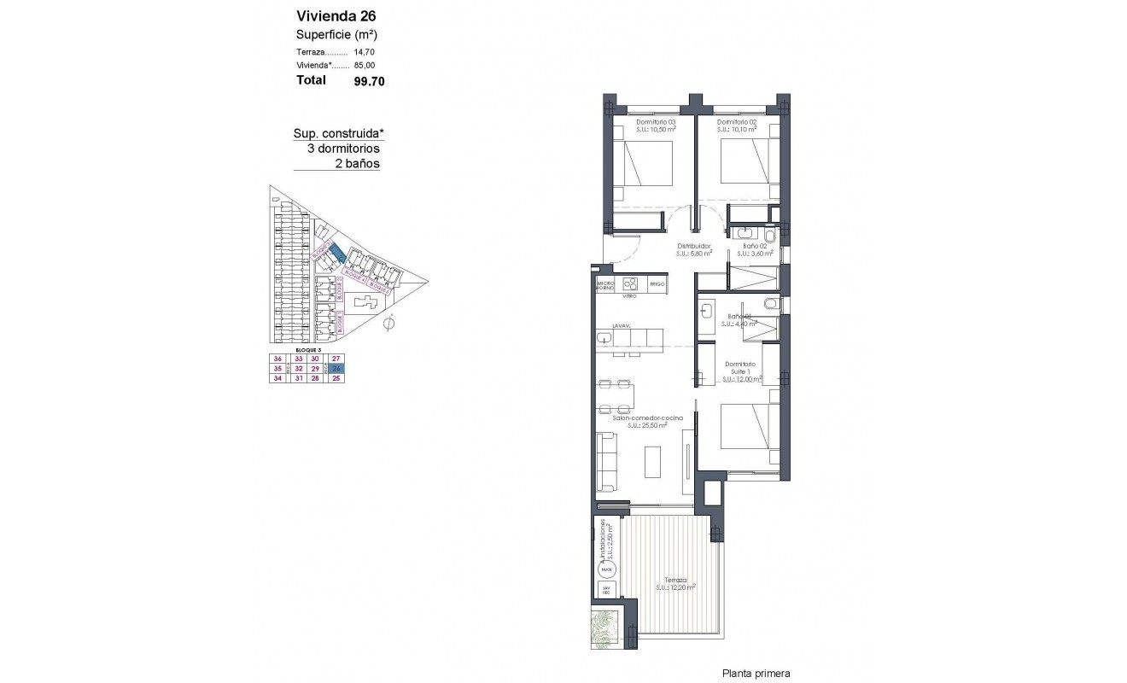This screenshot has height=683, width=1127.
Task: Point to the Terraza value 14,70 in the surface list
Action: pos(365,53)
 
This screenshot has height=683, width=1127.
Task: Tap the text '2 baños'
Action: pos(358,163)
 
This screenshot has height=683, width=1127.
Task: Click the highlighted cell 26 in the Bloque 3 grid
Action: pos(336,369)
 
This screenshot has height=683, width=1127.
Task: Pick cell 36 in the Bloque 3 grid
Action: pos(277,359)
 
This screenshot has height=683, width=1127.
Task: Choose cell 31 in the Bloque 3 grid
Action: pos(299,379)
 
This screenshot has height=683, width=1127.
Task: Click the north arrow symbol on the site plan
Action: pos(389,323)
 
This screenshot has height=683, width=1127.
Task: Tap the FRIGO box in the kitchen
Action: pos(657,283)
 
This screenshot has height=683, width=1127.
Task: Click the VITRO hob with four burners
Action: pos(630,284)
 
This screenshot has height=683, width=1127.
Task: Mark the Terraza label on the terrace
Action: pos(675,581)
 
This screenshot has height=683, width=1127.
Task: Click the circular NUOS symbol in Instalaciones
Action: pos(606,568)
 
